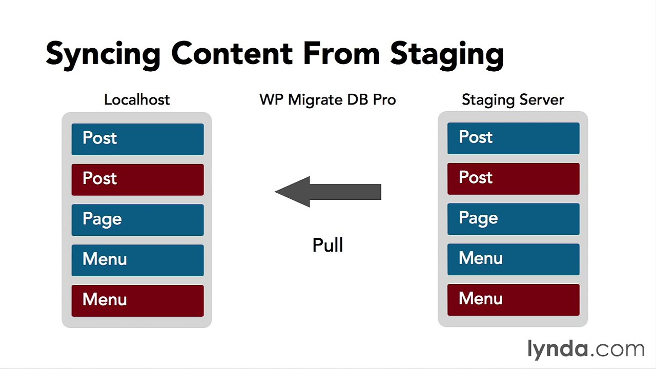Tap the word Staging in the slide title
pos(446,54)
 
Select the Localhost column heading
pos(137,99)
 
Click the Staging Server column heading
pos(512,99)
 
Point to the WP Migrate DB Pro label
pos(327,99)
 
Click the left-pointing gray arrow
pos(328,192)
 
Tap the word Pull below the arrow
pos(327,245)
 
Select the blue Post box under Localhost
pos(137,139)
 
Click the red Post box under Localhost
pos(137,179)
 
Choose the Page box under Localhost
pos(137,220)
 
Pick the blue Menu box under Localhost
pos(137,260)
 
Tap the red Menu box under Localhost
pos(137,300)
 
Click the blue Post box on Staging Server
pos(513,138)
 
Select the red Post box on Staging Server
pos(513,178)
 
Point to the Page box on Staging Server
pos(513,219)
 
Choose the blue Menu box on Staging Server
pos(513,259)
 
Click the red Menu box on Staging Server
pos(513,299)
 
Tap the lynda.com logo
pos(585,349)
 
